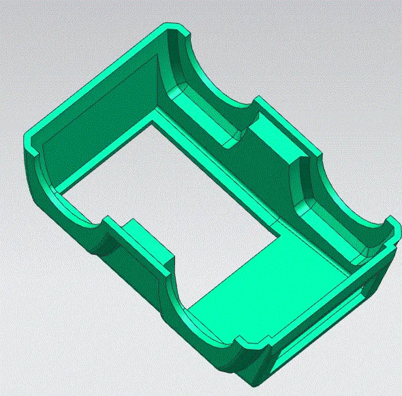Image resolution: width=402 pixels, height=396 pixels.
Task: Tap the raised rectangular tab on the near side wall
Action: coord(146,239)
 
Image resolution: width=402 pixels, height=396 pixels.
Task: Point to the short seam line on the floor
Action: coord(285,224)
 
